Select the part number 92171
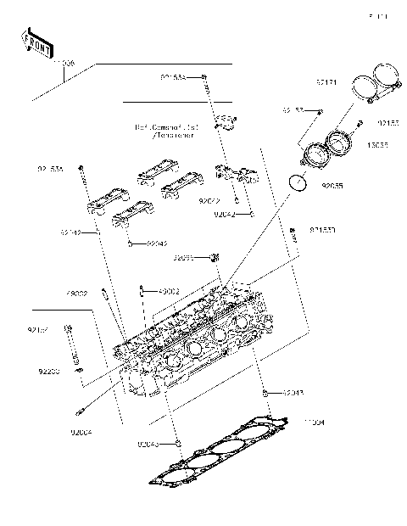326,83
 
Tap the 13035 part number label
378,145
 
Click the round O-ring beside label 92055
297,182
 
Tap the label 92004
83,433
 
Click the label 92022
209,202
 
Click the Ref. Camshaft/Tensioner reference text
164,131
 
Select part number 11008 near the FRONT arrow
63,64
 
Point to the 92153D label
322,230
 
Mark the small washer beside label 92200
77,371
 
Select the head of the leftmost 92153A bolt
81,167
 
